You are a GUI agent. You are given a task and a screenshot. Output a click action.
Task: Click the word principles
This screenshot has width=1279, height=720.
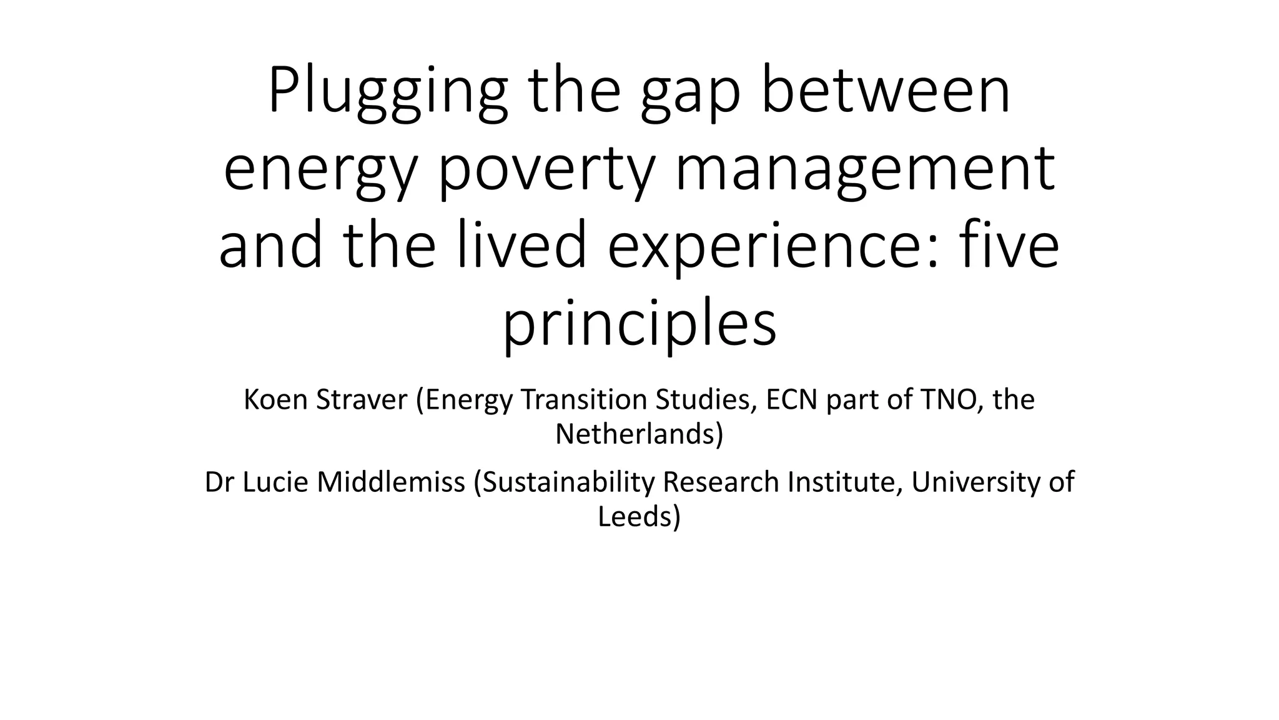click(x=639, y=325)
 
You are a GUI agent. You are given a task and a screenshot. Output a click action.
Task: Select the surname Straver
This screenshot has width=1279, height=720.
click(x=362, y=400)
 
